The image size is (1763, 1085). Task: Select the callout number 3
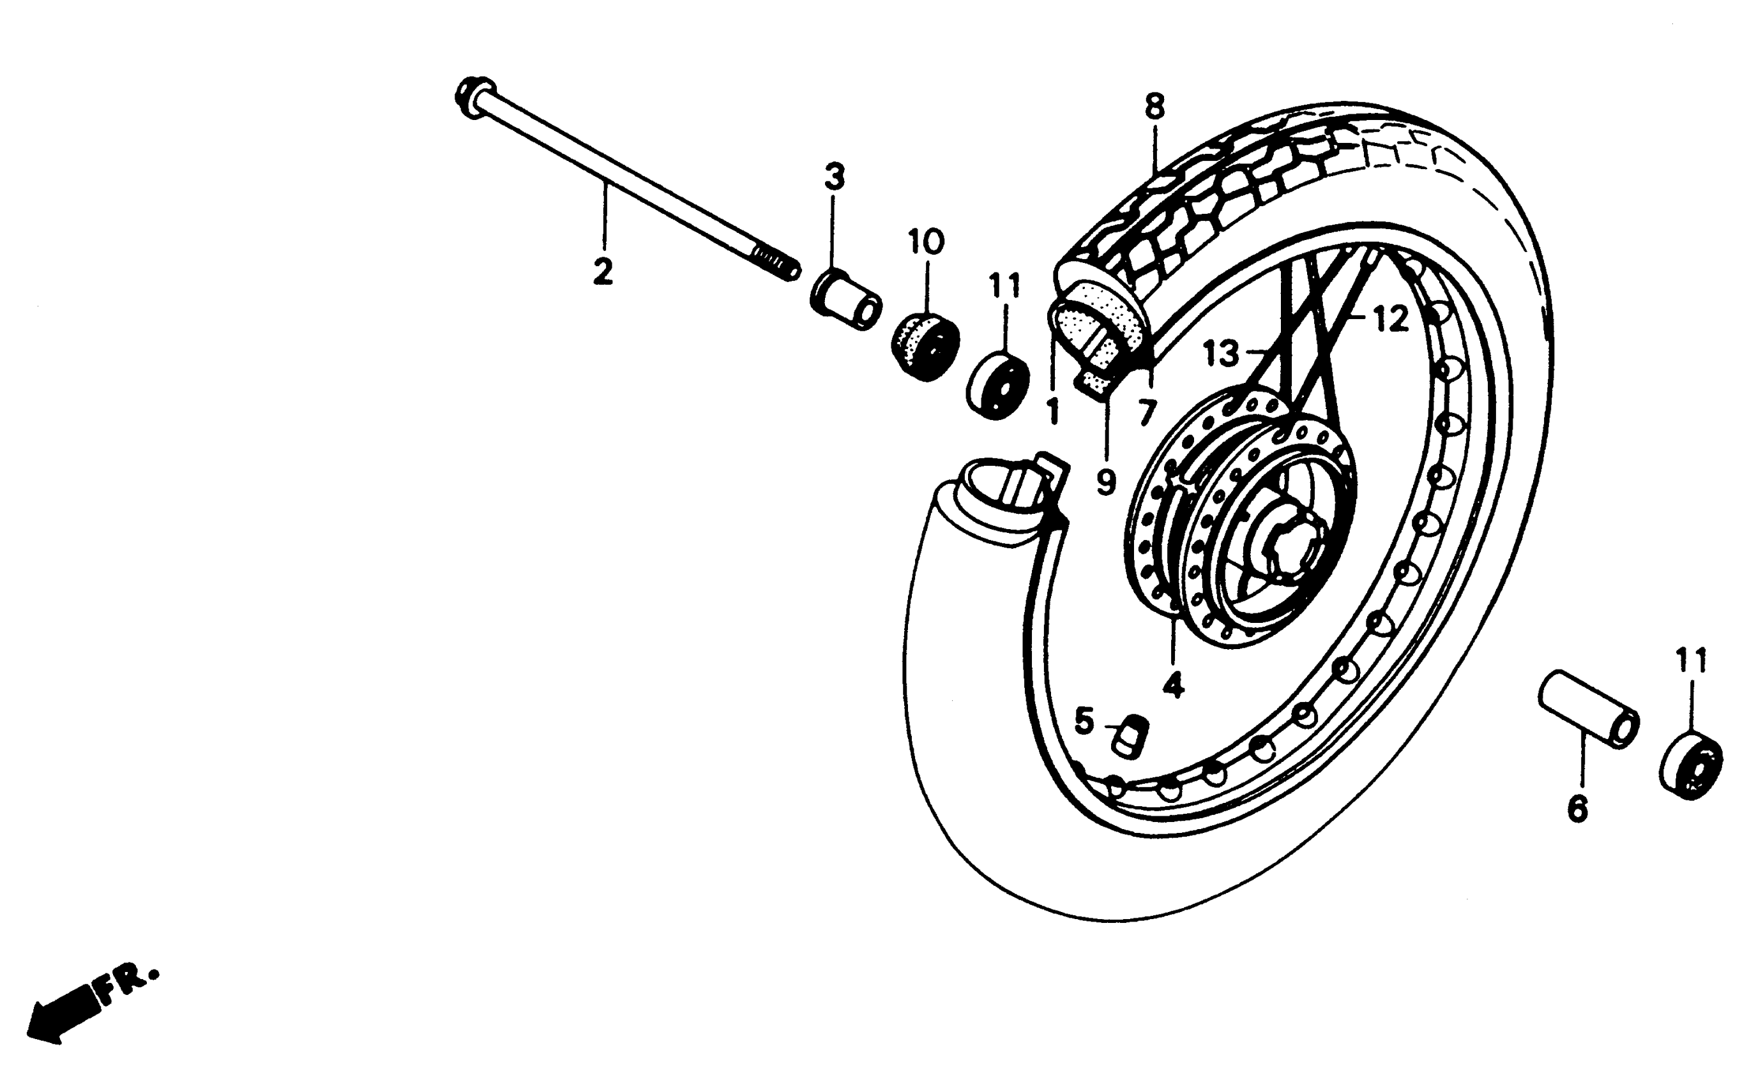pos(834,177)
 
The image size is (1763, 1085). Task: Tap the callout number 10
pos(926,242)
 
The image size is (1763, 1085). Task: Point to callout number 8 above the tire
pos(1154,107)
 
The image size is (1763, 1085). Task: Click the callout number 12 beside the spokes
pos(1391,319)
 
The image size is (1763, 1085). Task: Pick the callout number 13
pos(1221,353)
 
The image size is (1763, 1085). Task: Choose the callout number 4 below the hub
pos(1173,685)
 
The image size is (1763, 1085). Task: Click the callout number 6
pos(1577,809)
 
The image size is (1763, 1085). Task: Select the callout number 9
pos(1106,481)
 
